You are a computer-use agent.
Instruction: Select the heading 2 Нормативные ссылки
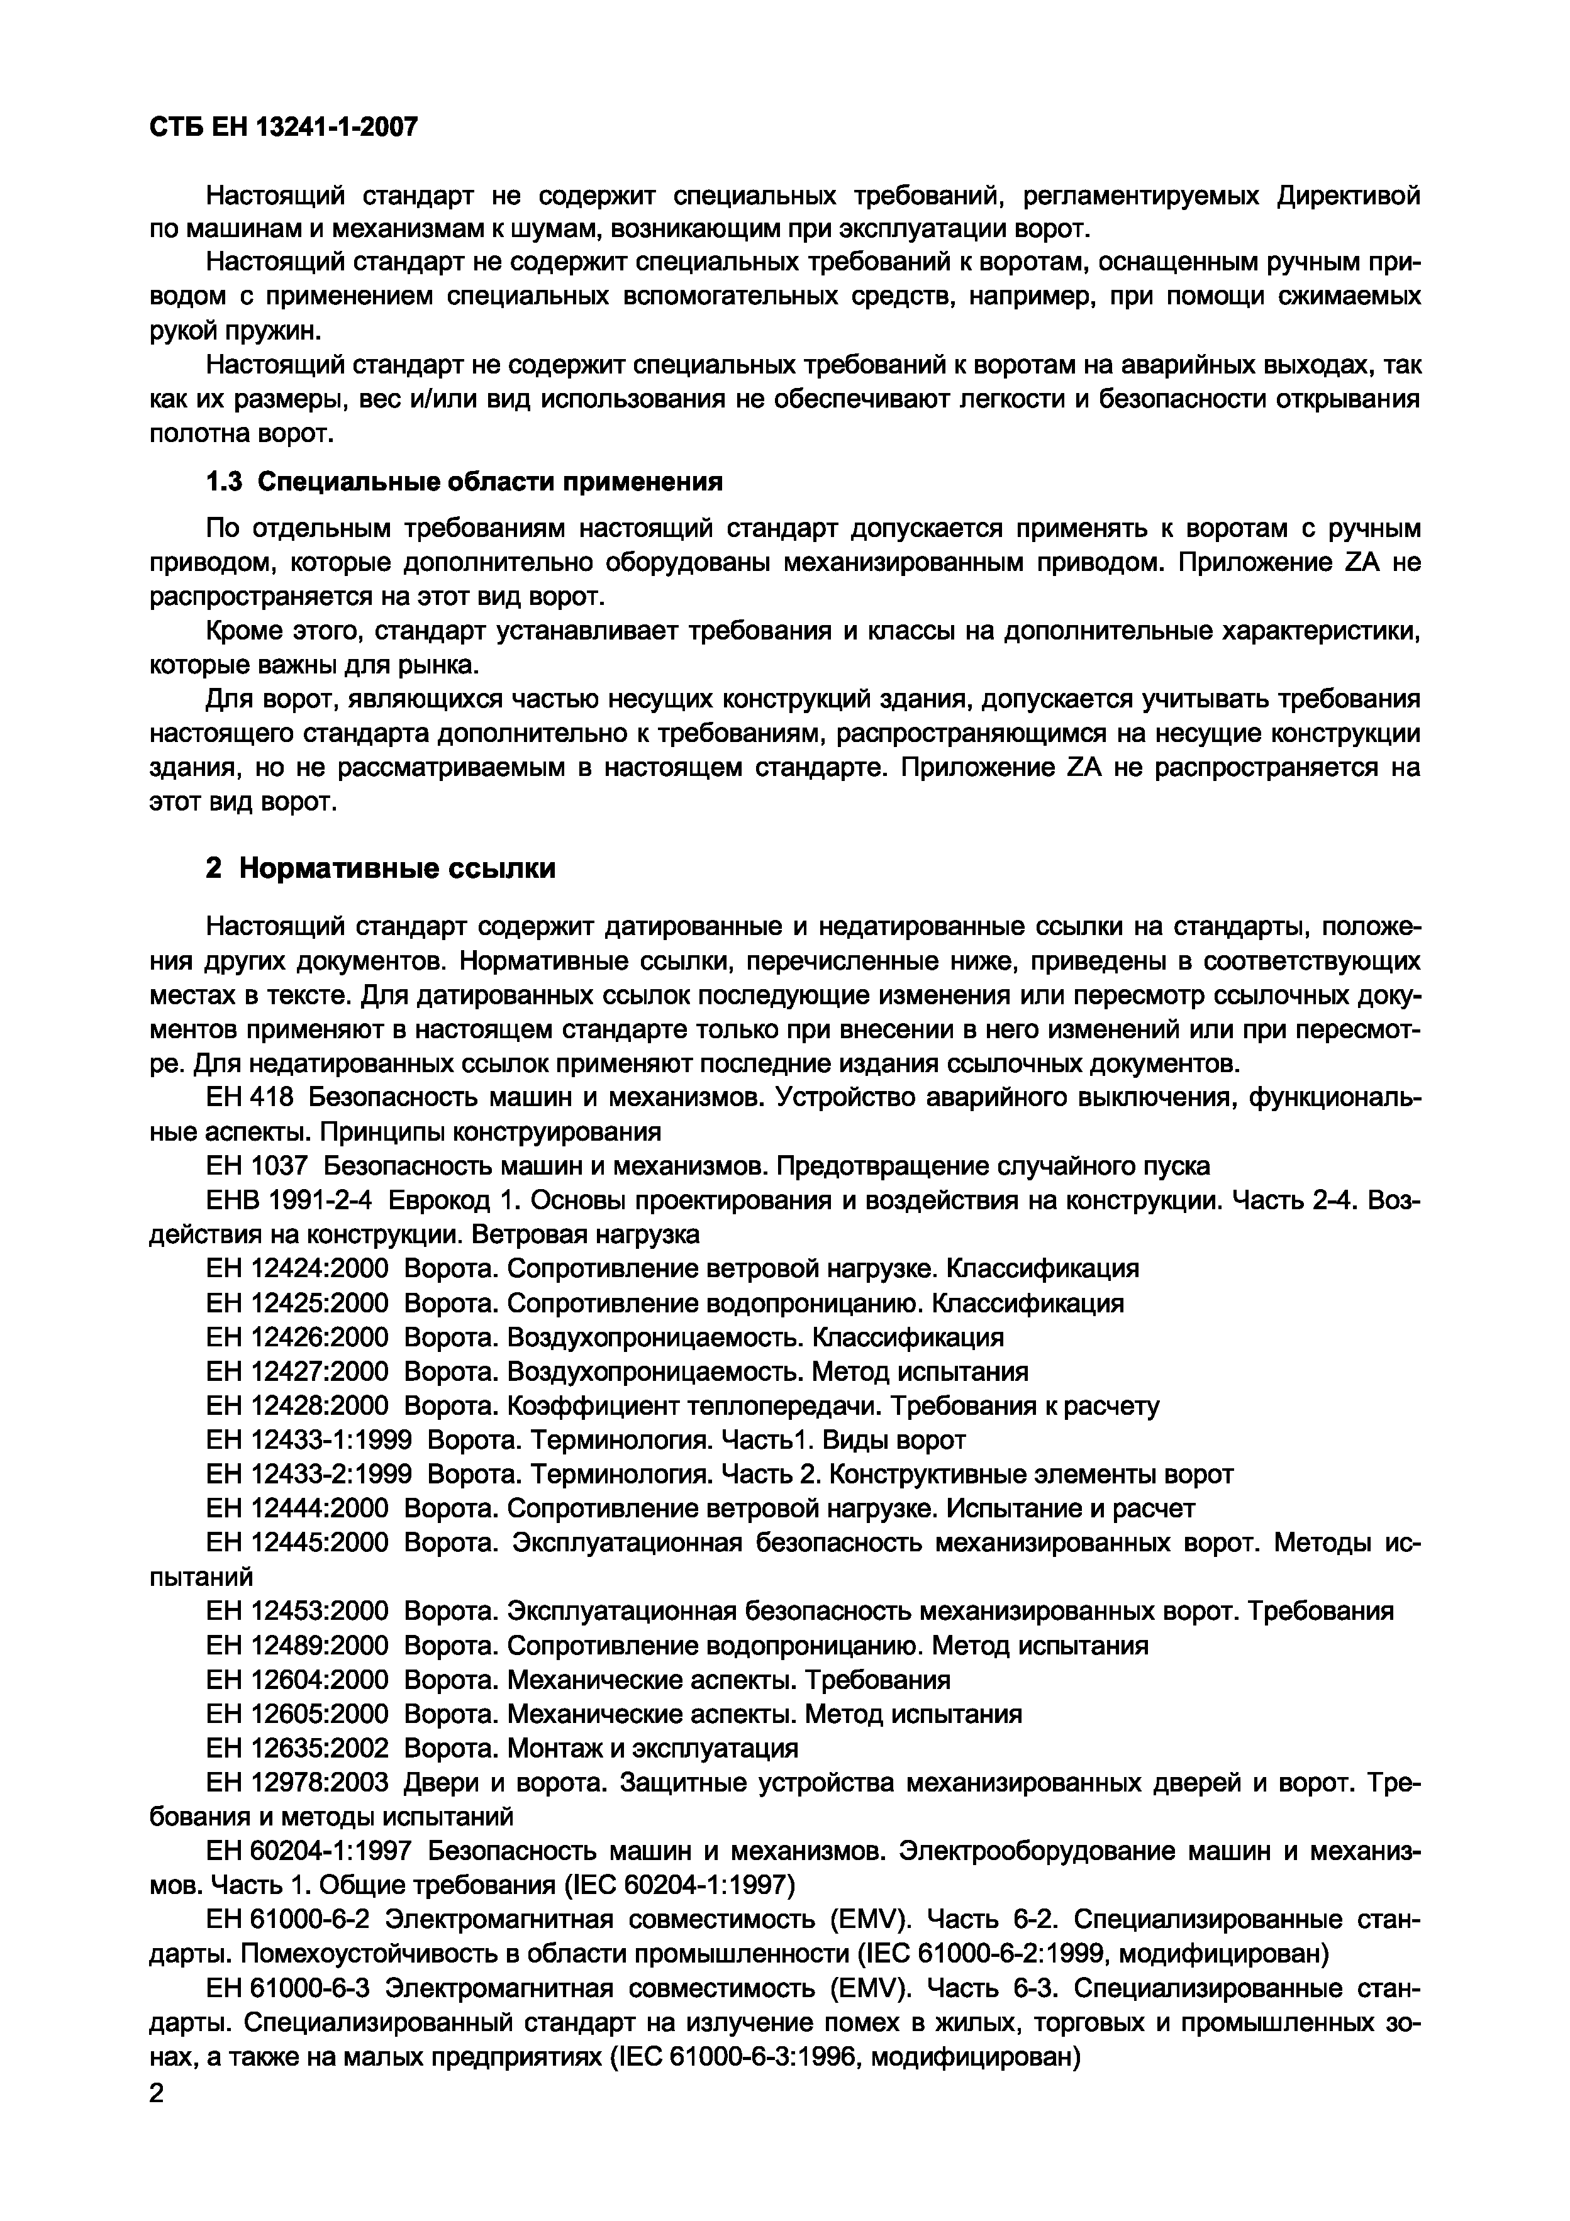click(381, 868)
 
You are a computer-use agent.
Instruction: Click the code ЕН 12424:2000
click(297, 1268)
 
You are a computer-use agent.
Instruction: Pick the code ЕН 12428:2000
click(297, 1405)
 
